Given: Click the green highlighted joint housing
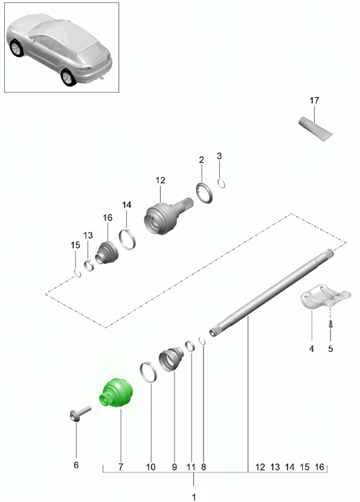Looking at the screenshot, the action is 116,393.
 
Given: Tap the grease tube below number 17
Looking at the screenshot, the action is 315,129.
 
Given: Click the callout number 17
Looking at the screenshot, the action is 314,100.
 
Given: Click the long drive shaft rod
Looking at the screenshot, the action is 271,292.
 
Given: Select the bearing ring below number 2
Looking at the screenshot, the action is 204,193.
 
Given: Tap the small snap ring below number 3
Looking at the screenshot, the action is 221,184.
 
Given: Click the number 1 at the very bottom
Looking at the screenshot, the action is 194,497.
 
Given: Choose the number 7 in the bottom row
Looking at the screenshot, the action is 120,467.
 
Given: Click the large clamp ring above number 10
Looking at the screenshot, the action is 149,372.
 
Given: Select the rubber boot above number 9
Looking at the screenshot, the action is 171,359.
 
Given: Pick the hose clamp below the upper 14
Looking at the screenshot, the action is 127,239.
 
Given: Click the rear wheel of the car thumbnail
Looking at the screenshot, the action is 68,78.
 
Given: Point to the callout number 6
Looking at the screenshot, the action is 76,465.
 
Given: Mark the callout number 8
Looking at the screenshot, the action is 204,467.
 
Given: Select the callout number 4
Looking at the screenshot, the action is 311,349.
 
